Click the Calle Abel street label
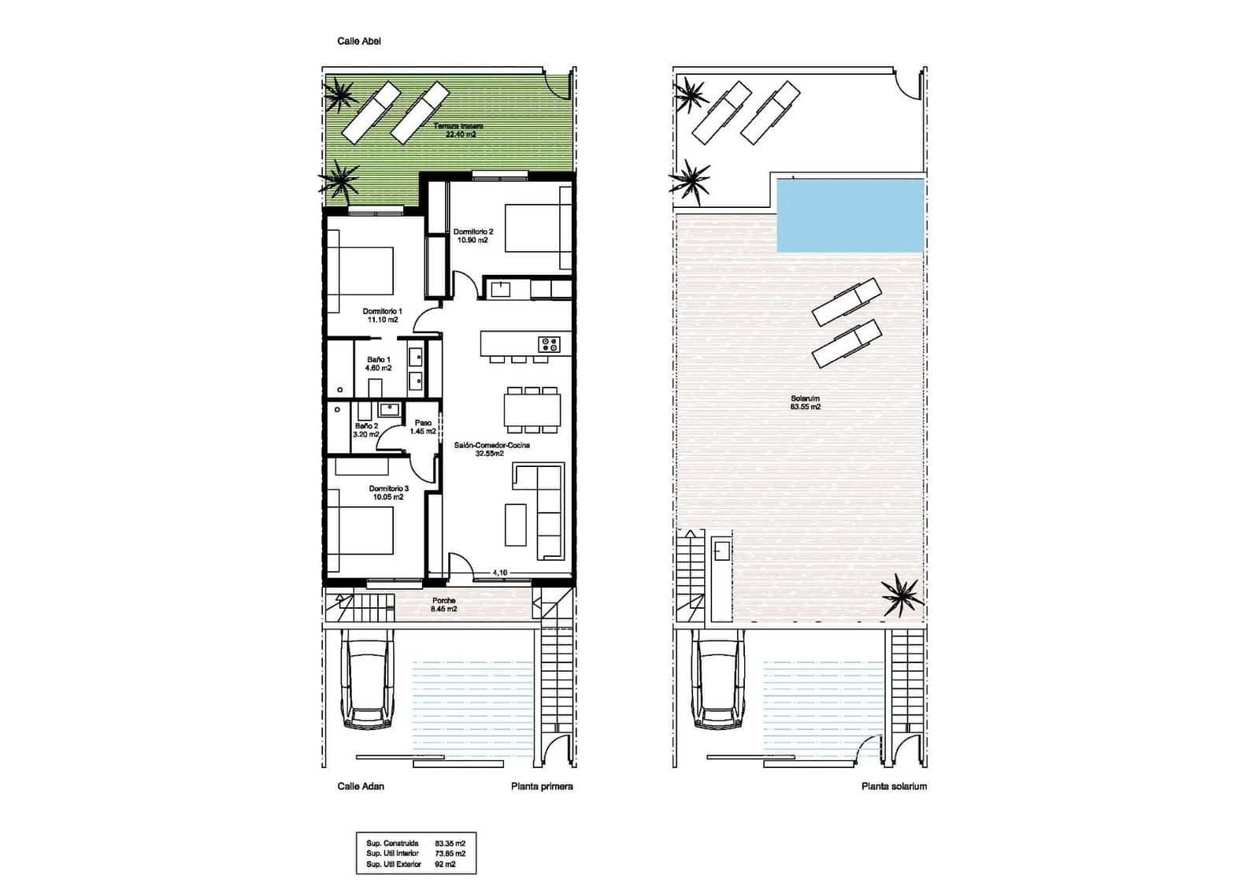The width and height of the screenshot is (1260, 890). (358, 41)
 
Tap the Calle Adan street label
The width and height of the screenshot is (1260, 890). (361, 786)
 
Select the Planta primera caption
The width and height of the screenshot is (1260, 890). (542, 786)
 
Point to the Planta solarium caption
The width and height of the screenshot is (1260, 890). (894, 786)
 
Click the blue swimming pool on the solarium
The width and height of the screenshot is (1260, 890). (850, 214)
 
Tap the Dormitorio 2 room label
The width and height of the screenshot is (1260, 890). (472, 235)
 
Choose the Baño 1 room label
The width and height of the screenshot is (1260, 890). (378, 364)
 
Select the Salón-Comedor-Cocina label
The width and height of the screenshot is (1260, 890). (491, 449)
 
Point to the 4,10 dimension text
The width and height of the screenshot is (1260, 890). (499, 573)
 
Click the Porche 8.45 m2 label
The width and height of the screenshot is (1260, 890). (443, 605)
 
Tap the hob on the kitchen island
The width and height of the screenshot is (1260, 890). (549, 344)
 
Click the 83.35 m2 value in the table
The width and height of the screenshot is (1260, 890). (450, 843)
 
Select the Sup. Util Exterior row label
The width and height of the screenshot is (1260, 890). (394, 864)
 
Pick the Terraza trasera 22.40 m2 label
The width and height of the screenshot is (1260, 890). (461, 130)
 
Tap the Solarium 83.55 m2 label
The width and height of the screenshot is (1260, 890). (805, 402)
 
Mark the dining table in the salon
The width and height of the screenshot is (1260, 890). (532, 410)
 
